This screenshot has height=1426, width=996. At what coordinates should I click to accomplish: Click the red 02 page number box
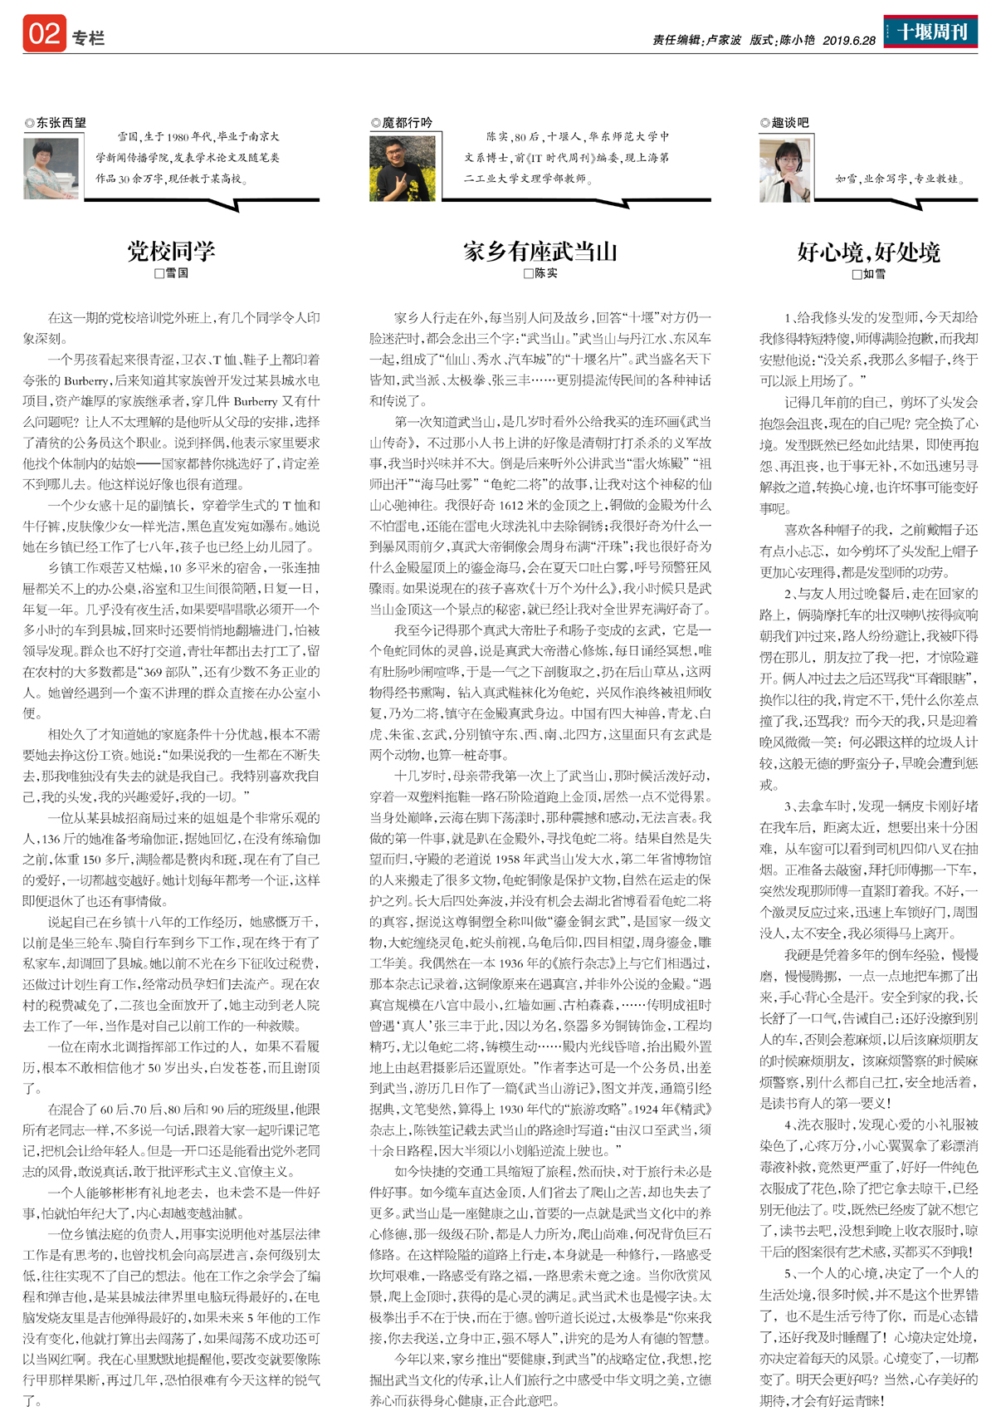45,34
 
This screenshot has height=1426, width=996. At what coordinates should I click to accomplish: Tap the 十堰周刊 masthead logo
930,32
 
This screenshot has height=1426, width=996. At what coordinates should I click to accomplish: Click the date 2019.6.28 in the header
849,40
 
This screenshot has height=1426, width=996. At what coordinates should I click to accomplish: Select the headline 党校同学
171,251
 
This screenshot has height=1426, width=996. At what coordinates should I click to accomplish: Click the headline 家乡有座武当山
539,251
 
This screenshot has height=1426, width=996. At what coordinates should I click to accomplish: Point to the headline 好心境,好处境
868,252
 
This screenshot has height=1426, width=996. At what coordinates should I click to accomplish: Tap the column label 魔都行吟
406,123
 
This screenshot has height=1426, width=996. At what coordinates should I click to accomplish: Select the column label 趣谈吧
789,123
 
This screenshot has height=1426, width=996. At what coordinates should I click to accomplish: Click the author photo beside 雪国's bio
51,168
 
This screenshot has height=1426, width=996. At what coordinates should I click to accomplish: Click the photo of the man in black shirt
402,169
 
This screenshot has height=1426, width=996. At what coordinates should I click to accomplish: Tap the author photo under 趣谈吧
785,170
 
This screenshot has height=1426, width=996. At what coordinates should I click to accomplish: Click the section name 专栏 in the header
88,38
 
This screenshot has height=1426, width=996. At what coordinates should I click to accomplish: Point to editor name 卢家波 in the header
723,40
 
